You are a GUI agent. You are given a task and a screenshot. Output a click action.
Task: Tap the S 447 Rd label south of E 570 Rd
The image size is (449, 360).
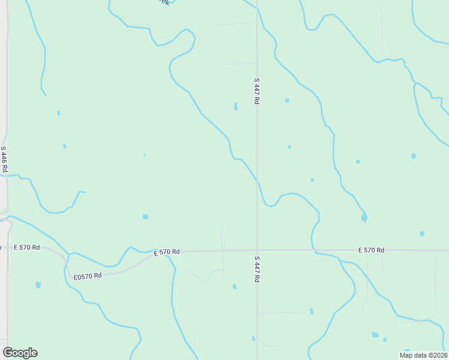tap(256, 269)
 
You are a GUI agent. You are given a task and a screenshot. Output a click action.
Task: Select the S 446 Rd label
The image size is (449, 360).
tap(4, 160)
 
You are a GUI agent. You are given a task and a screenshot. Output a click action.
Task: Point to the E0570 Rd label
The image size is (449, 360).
tap(88, 276)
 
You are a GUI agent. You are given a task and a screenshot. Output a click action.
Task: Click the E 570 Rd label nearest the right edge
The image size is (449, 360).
tap(371, 250)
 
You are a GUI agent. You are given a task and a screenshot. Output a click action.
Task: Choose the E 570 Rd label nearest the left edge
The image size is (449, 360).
tap(27, 247)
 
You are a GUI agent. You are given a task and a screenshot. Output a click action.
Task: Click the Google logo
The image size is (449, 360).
tap(20, 353)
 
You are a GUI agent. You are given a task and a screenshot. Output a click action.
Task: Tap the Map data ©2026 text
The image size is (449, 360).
tap(423, 355)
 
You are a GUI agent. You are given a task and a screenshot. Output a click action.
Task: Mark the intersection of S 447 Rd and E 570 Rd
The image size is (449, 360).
tap(257, 250)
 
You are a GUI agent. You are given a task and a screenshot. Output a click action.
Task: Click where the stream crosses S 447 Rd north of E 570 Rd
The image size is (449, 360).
tap(257, 179)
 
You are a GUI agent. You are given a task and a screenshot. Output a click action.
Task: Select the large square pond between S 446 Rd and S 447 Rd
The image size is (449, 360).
tap(145, 217)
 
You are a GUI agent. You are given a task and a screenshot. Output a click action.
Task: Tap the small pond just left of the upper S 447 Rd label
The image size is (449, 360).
tap(235, 106)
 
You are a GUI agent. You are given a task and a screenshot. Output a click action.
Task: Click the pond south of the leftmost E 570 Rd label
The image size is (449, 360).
tap(38, 285)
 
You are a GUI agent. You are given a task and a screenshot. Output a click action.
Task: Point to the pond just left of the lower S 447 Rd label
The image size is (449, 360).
tap(234, 287)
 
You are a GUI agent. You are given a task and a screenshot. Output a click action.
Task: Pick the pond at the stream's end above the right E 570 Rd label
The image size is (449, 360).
tap(364, 218)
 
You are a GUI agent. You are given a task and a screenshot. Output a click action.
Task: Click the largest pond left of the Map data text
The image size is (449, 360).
tap(375, 335)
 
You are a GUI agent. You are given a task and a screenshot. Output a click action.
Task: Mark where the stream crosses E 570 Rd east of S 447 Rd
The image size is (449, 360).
tap(312, 250)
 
